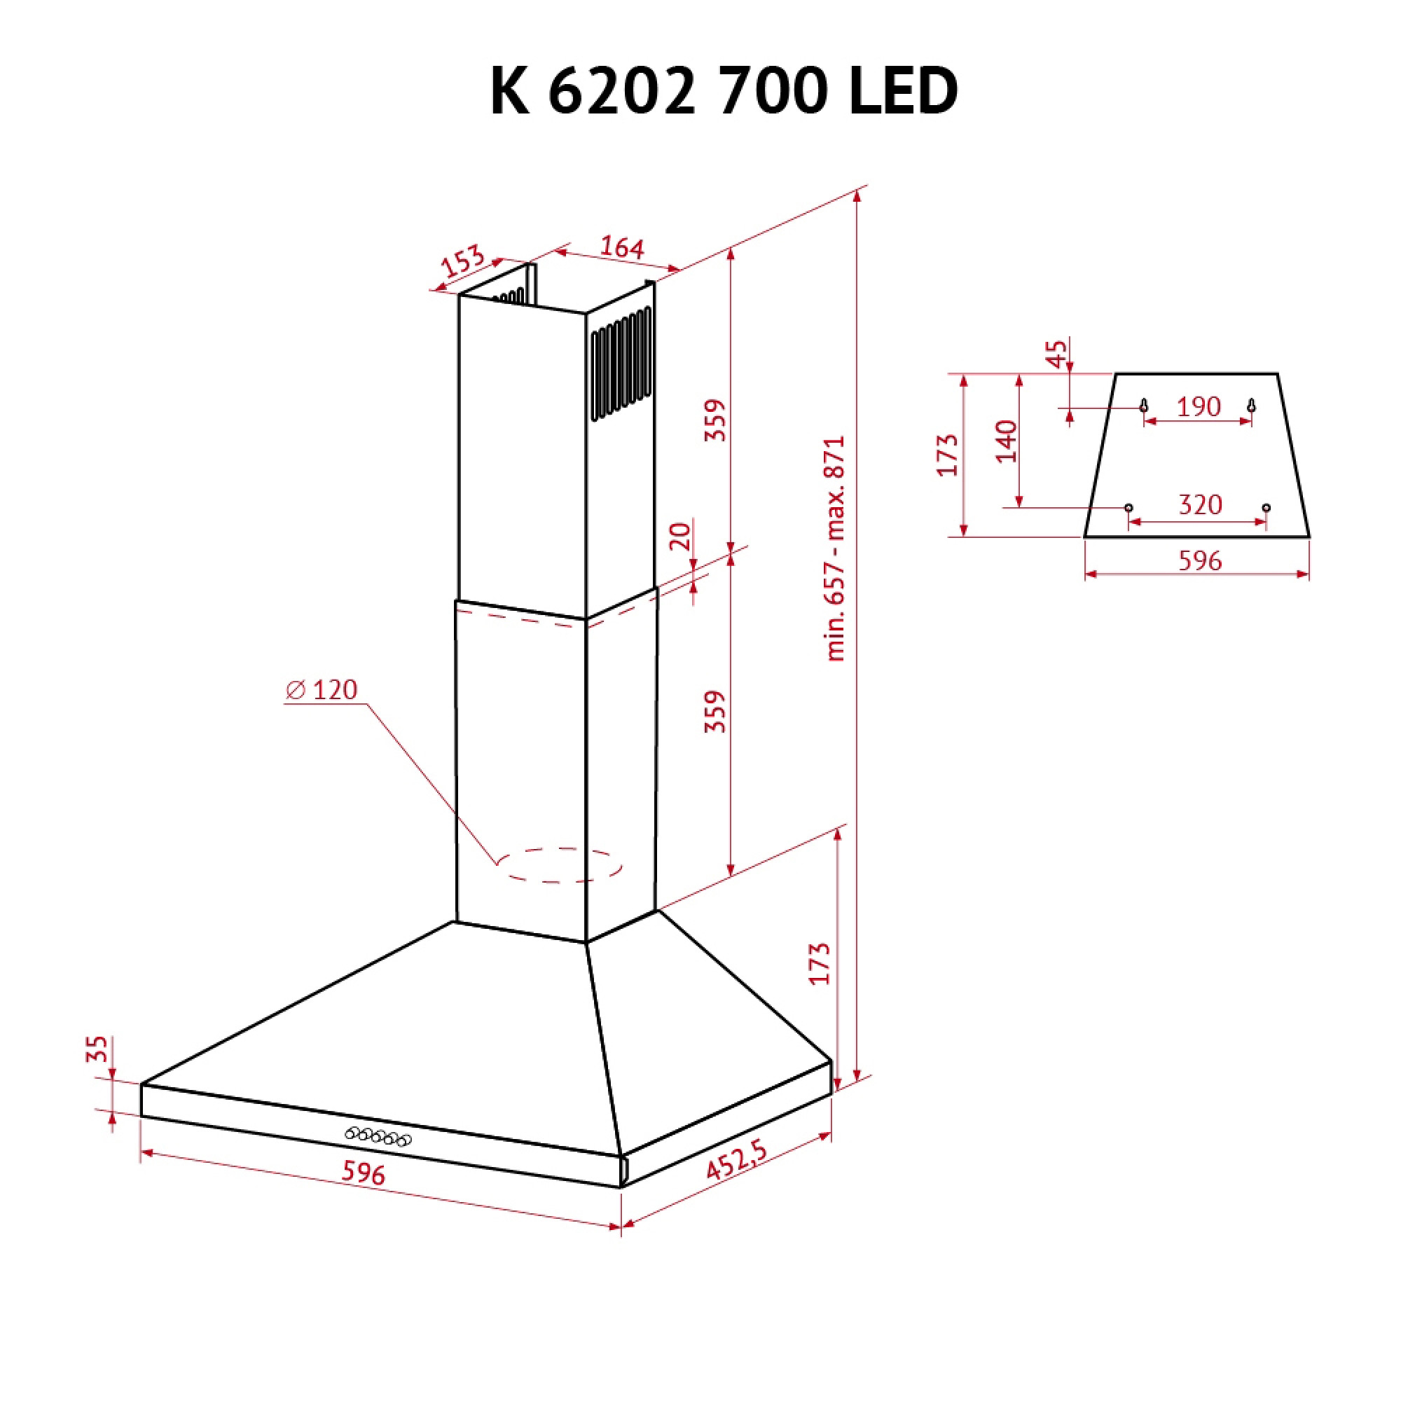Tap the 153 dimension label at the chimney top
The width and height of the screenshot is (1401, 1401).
462,261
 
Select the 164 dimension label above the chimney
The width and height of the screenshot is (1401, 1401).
622,247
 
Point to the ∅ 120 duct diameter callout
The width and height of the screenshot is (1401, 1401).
322,689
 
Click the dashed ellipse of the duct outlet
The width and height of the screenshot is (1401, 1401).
559,864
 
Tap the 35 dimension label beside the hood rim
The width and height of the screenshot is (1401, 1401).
97,1049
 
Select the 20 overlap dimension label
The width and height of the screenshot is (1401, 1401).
680,536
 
